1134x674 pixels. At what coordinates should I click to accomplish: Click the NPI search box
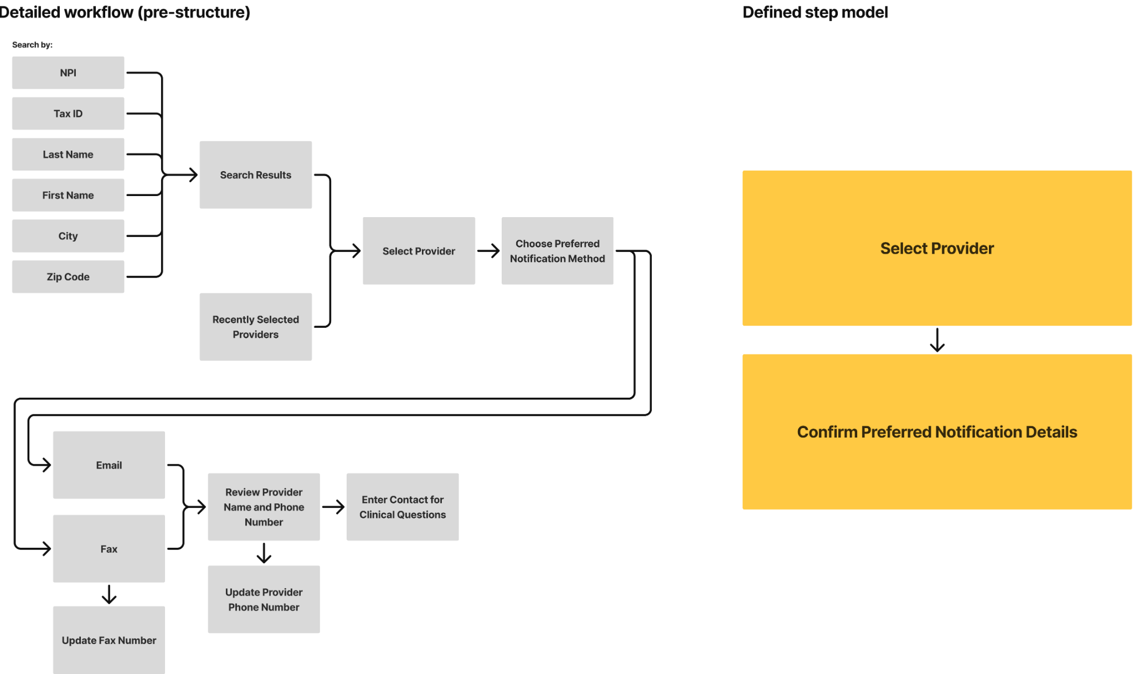point(68,73)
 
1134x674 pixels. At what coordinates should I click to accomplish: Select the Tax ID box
point(68,114)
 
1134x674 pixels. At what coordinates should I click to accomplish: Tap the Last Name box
point(68,155)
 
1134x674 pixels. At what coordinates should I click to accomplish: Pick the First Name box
point(68,195)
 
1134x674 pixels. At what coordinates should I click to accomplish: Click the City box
point(68,236)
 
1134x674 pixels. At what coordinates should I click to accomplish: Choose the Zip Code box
point(68,277)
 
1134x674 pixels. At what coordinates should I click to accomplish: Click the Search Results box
point(256,175)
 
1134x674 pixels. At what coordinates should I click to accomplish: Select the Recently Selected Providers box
point(256,327)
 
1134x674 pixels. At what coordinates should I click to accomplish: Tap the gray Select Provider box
point(419,251)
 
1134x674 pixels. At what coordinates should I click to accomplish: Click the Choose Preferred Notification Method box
point(558,251)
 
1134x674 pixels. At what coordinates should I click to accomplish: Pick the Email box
point(109,465)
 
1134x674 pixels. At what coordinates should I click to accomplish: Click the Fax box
point(109,549)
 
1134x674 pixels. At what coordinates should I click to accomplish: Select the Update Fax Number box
point(109,640)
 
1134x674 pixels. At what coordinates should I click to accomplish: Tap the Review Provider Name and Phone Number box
point(264,507)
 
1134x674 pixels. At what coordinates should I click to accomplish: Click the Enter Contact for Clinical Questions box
point(403,507)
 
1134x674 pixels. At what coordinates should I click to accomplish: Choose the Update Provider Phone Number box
point(264,599)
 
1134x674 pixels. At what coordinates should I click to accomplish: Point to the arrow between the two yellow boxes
point(937,340)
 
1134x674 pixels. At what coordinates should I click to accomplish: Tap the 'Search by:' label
point(32,45)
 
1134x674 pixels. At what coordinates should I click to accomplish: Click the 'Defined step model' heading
point(815,12)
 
